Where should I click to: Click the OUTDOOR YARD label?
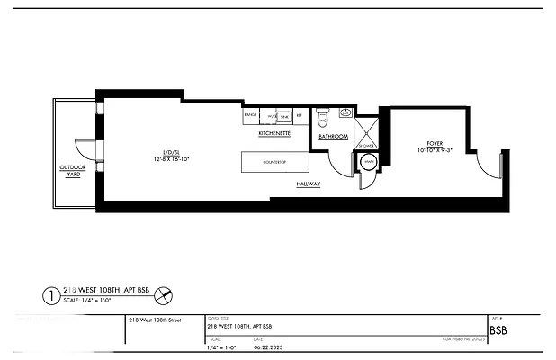coord(70,170)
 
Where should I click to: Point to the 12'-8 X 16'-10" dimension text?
coord(170,160)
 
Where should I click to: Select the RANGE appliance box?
coord(251,116)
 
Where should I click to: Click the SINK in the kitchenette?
coord(283,117)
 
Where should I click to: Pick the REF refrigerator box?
coord(300,116)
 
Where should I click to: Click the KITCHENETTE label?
coord(274,133)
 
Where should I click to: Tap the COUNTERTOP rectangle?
coord(274,163)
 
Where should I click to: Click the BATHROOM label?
coord(333,138)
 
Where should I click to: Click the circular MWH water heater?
coord(368,163)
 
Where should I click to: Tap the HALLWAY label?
coord(309,184)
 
